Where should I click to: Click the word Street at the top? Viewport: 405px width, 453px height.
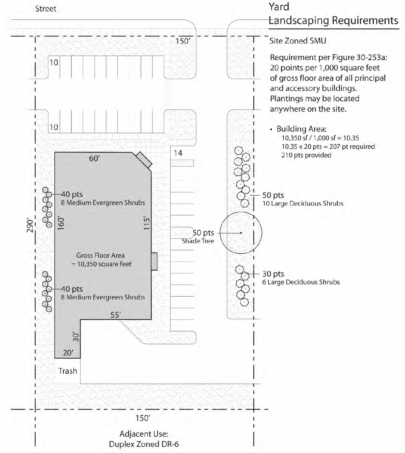46,9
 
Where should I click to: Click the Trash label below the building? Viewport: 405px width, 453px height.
68,371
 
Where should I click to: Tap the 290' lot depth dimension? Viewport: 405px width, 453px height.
30,226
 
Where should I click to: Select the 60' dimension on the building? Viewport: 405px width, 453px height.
94,158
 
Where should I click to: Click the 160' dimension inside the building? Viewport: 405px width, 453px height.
61,223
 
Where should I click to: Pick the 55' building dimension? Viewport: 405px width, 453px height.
115,315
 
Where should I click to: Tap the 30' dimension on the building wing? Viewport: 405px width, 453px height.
76,337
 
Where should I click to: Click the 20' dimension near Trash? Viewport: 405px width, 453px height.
68,353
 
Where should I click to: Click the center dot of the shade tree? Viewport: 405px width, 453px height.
241,233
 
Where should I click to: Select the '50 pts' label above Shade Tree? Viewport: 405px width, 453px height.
203,233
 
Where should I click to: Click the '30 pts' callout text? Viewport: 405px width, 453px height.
273,274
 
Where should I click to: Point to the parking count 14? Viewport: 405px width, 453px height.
178,153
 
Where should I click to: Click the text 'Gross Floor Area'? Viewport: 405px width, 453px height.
100,255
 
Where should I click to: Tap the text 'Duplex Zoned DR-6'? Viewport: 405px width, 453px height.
144,444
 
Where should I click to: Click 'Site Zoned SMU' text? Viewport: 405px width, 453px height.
298,41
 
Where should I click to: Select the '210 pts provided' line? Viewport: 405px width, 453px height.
306,155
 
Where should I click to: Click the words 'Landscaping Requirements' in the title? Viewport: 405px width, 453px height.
333,20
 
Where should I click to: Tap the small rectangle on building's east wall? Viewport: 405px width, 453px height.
154,261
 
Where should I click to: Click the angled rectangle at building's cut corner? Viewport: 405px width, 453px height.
144,160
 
